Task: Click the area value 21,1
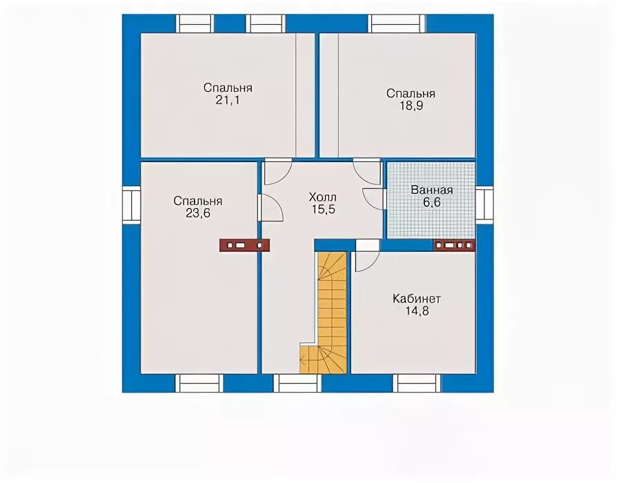pos(227,100)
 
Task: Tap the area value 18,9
pos(411,106)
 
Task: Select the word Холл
pos(323,197)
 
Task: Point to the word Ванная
pos(432,190)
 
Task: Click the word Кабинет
pos(417,299)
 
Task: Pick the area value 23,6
pos(197,213)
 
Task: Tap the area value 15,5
pos(323,209)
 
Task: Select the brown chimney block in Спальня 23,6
pos(244,246)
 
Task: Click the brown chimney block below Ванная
pos(455,246)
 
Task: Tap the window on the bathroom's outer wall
pos(484,204)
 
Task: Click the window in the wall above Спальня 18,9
pos(397,23)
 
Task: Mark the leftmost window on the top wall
pos(195,23)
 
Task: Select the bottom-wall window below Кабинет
pos(417,383)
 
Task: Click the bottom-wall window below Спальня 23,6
pos(199,383)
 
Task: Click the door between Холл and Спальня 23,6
pos(271,208)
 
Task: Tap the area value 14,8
pos(417,310)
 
